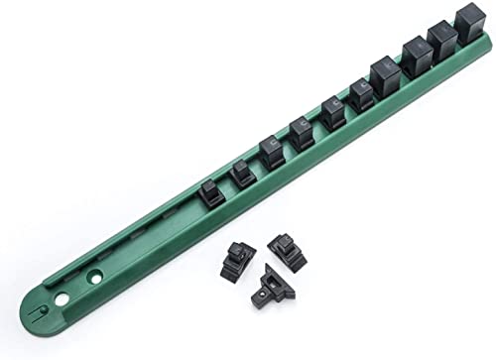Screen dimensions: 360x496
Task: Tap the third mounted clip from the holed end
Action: [x=272, y=152]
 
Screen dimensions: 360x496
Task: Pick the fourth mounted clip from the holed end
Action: [x=302, y=133]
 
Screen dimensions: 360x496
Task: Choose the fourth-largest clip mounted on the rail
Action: [x=385, y=75]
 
